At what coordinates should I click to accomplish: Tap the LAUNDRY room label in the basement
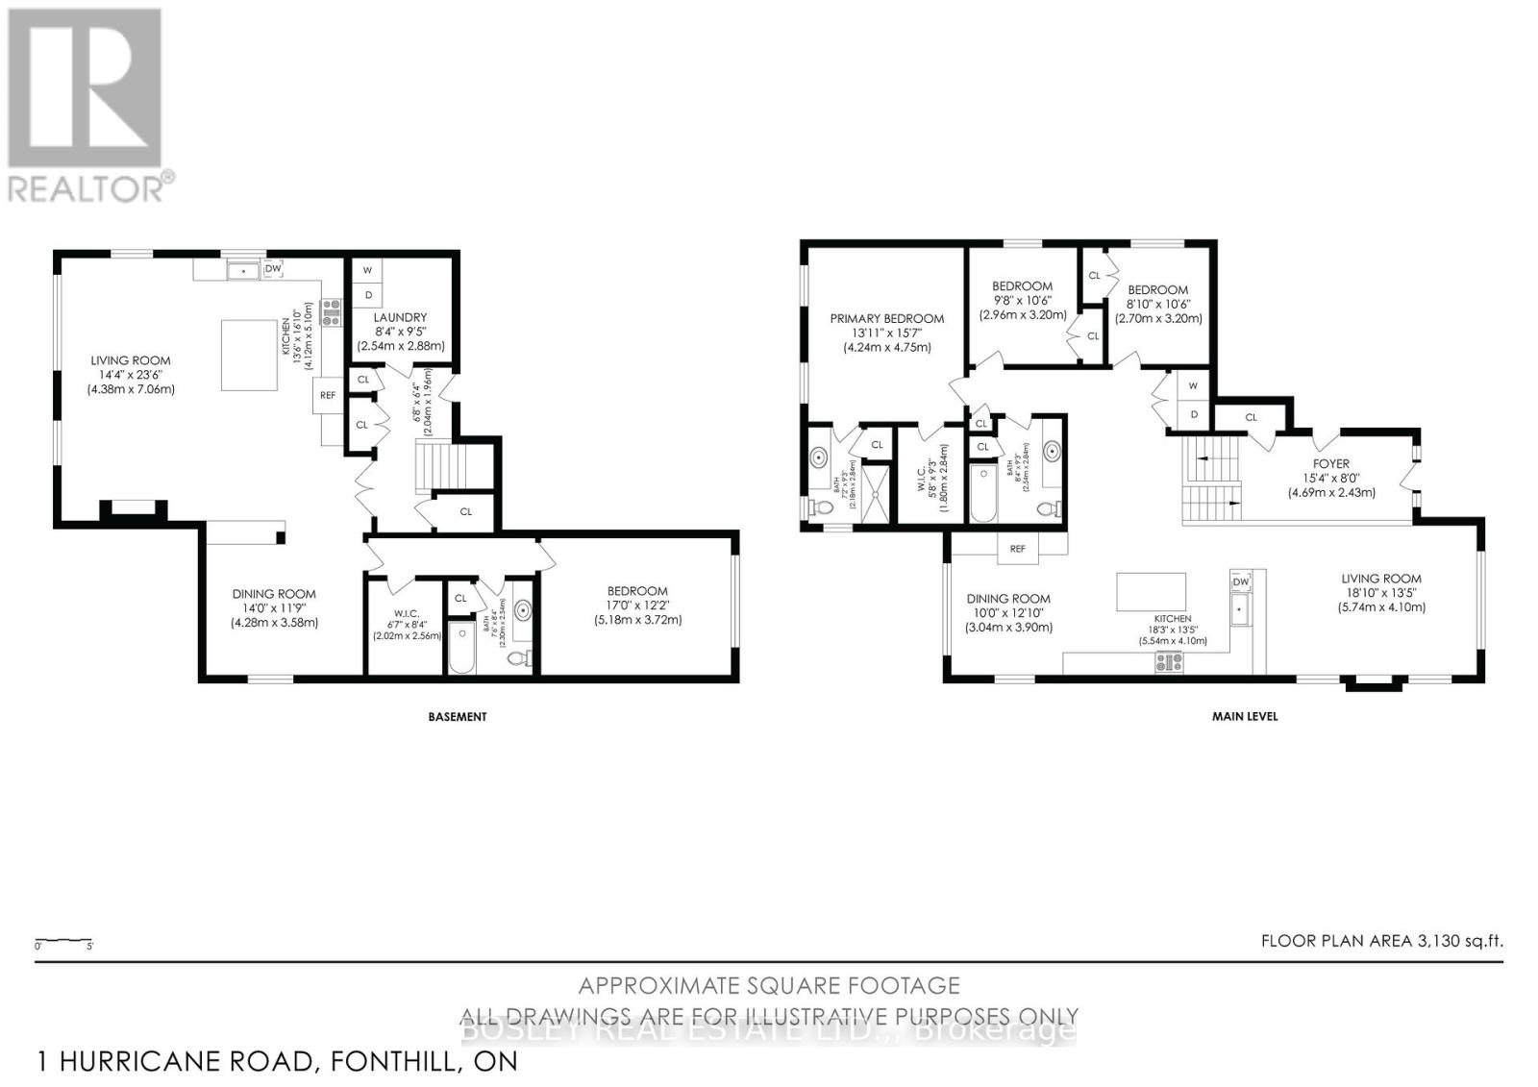click(400, 317)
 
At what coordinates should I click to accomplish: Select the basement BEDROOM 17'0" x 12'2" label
click(636, 591)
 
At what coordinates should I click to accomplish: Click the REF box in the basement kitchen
click(328, 394)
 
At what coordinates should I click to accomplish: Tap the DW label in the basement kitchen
click(273, 269)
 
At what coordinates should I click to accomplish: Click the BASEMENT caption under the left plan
click(457, 716)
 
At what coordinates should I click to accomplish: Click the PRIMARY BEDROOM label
click(886, 318)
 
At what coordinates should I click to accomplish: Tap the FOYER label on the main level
click(1331, 463)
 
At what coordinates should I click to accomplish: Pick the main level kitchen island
click(1151, 591)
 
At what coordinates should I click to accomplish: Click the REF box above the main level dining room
click(1017, 549)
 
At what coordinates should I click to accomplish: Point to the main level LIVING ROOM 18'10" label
click(1381, 579)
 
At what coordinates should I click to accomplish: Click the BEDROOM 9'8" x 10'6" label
click(1022, 285)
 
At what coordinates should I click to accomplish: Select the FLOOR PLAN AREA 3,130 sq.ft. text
click(1381, 941)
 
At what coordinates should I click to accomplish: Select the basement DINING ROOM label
click(273, 594)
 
